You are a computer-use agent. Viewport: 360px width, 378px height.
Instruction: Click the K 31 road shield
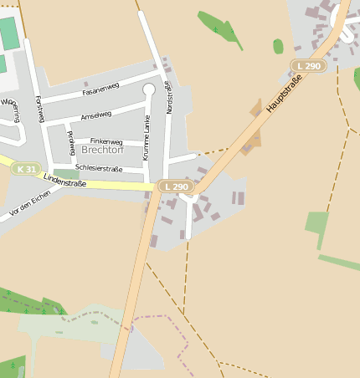(25, 169)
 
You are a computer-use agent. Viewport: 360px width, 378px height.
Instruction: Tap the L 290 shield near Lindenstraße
(177, 186)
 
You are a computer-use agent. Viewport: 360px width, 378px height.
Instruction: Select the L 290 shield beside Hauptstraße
(307, 65)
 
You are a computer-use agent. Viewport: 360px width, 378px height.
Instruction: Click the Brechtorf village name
(101, 151)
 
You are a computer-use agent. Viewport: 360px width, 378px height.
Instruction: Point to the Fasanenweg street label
(99, 89)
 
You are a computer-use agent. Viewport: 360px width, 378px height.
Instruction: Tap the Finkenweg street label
(105, 142)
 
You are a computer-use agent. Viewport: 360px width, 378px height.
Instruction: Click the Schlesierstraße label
(99, 168)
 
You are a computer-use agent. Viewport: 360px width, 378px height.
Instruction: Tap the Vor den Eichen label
(30, 204)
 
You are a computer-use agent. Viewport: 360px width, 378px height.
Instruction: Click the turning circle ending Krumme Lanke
(149, 89)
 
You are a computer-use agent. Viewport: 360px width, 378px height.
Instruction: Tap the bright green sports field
(8, 33)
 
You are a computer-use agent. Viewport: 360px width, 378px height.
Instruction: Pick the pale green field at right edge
(316, 226)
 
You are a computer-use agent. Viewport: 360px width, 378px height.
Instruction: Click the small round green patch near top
(278, 46)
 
